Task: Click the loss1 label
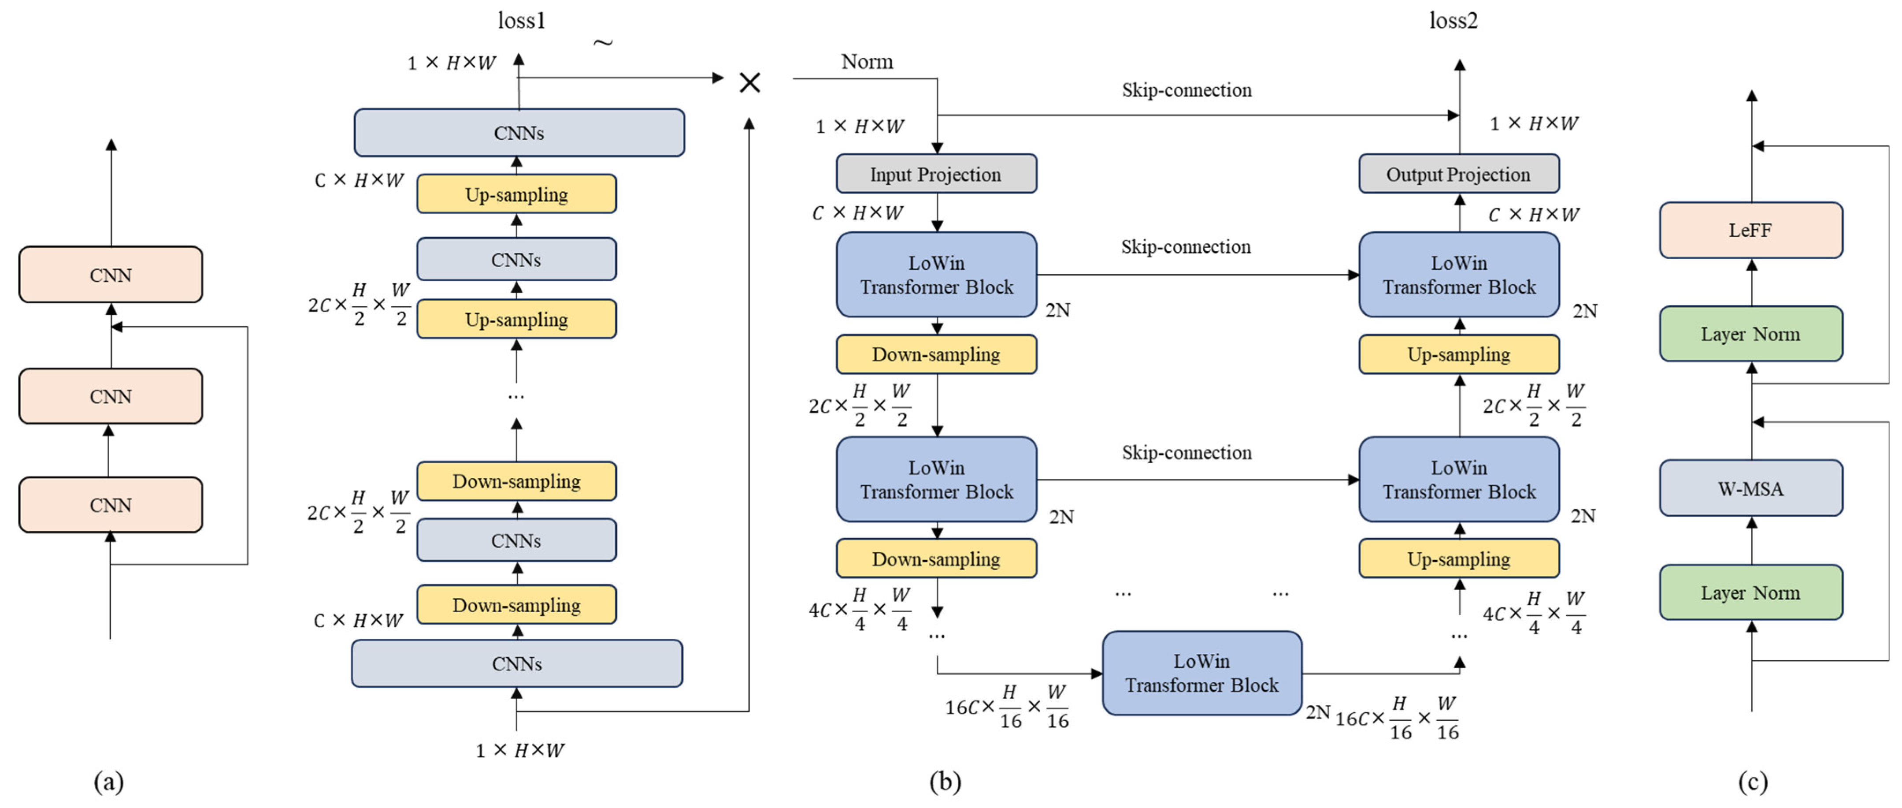coord(521,21)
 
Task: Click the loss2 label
coord(1453,21)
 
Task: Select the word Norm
coord(867,61)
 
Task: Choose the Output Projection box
coord(1458,174)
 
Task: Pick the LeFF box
coord(1750,231)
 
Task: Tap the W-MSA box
coord(1750,488)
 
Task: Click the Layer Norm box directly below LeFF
coord(1750,334)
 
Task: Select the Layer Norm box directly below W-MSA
coord(1750,592)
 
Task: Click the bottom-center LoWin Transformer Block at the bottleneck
coord(1201,673)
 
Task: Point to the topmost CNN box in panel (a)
coord(111,275)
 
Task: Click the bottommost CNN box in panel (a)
coord(111,505)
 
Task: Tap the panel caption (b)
coord(945,782)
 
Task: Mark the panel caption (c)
coord(1752,782)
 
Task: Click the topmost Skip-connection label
coord(1186,90)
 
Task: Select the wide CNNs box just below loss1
coord(519,133)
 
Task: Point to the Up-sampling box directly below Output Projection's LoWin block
coord(1458,354)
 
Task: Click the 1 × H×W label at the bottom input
coord(519,750)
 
